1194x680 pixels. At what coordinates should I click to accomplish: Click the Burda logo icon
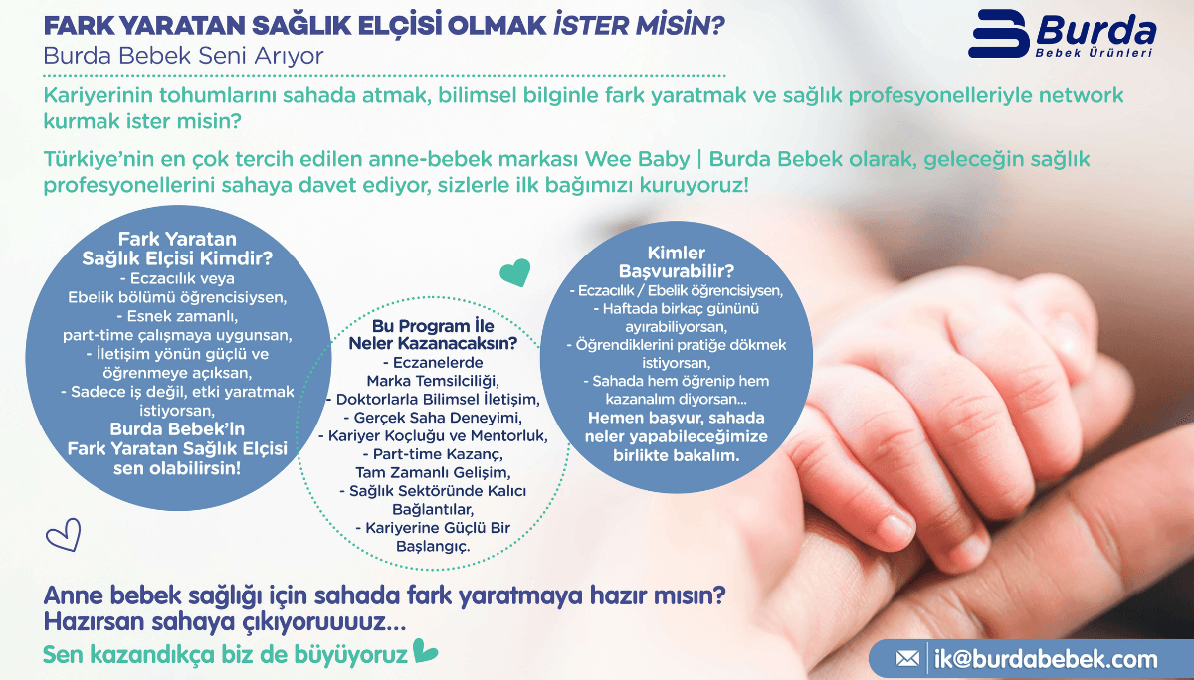point(999,36)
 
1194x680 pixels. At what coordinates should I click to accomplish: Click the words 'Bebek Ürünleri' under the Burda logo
point(1093,52)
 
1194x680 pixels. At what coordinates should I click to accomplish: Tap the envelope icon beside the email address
point(907,658)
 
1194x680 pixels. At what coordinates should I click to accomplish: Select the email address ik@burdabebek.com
point(1046,658)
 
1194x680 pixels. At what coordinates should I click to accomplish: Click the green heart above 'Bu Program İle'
point(514,271)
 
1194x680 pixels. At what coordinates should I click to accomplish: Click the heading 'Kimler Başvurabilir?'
point(677,261)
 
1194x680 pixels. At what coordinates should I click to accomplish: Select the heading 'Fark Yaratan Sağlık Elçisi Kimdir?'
point(177,249)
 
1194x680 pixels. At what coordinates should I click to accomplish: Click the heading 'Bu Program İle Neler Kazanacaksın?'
point(433,334)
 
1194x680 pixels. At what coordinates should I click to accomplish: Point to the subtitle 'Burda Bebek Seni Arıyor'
point(184,56)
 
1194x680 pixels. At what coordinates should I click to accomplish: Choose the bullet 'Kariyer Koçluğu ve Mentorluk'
point(433,435)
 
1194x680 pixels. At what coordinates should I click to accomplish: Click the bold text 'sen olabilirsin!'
point(177,467)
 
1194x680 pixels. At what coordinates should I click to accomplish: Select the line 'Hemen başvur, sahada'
point(677,418)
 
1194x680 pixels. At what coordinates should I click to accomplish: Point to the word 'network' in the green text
point(1074,96)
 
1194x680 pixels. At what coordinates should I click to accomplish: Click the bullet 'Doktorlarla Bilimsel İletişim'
point(433,399)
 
